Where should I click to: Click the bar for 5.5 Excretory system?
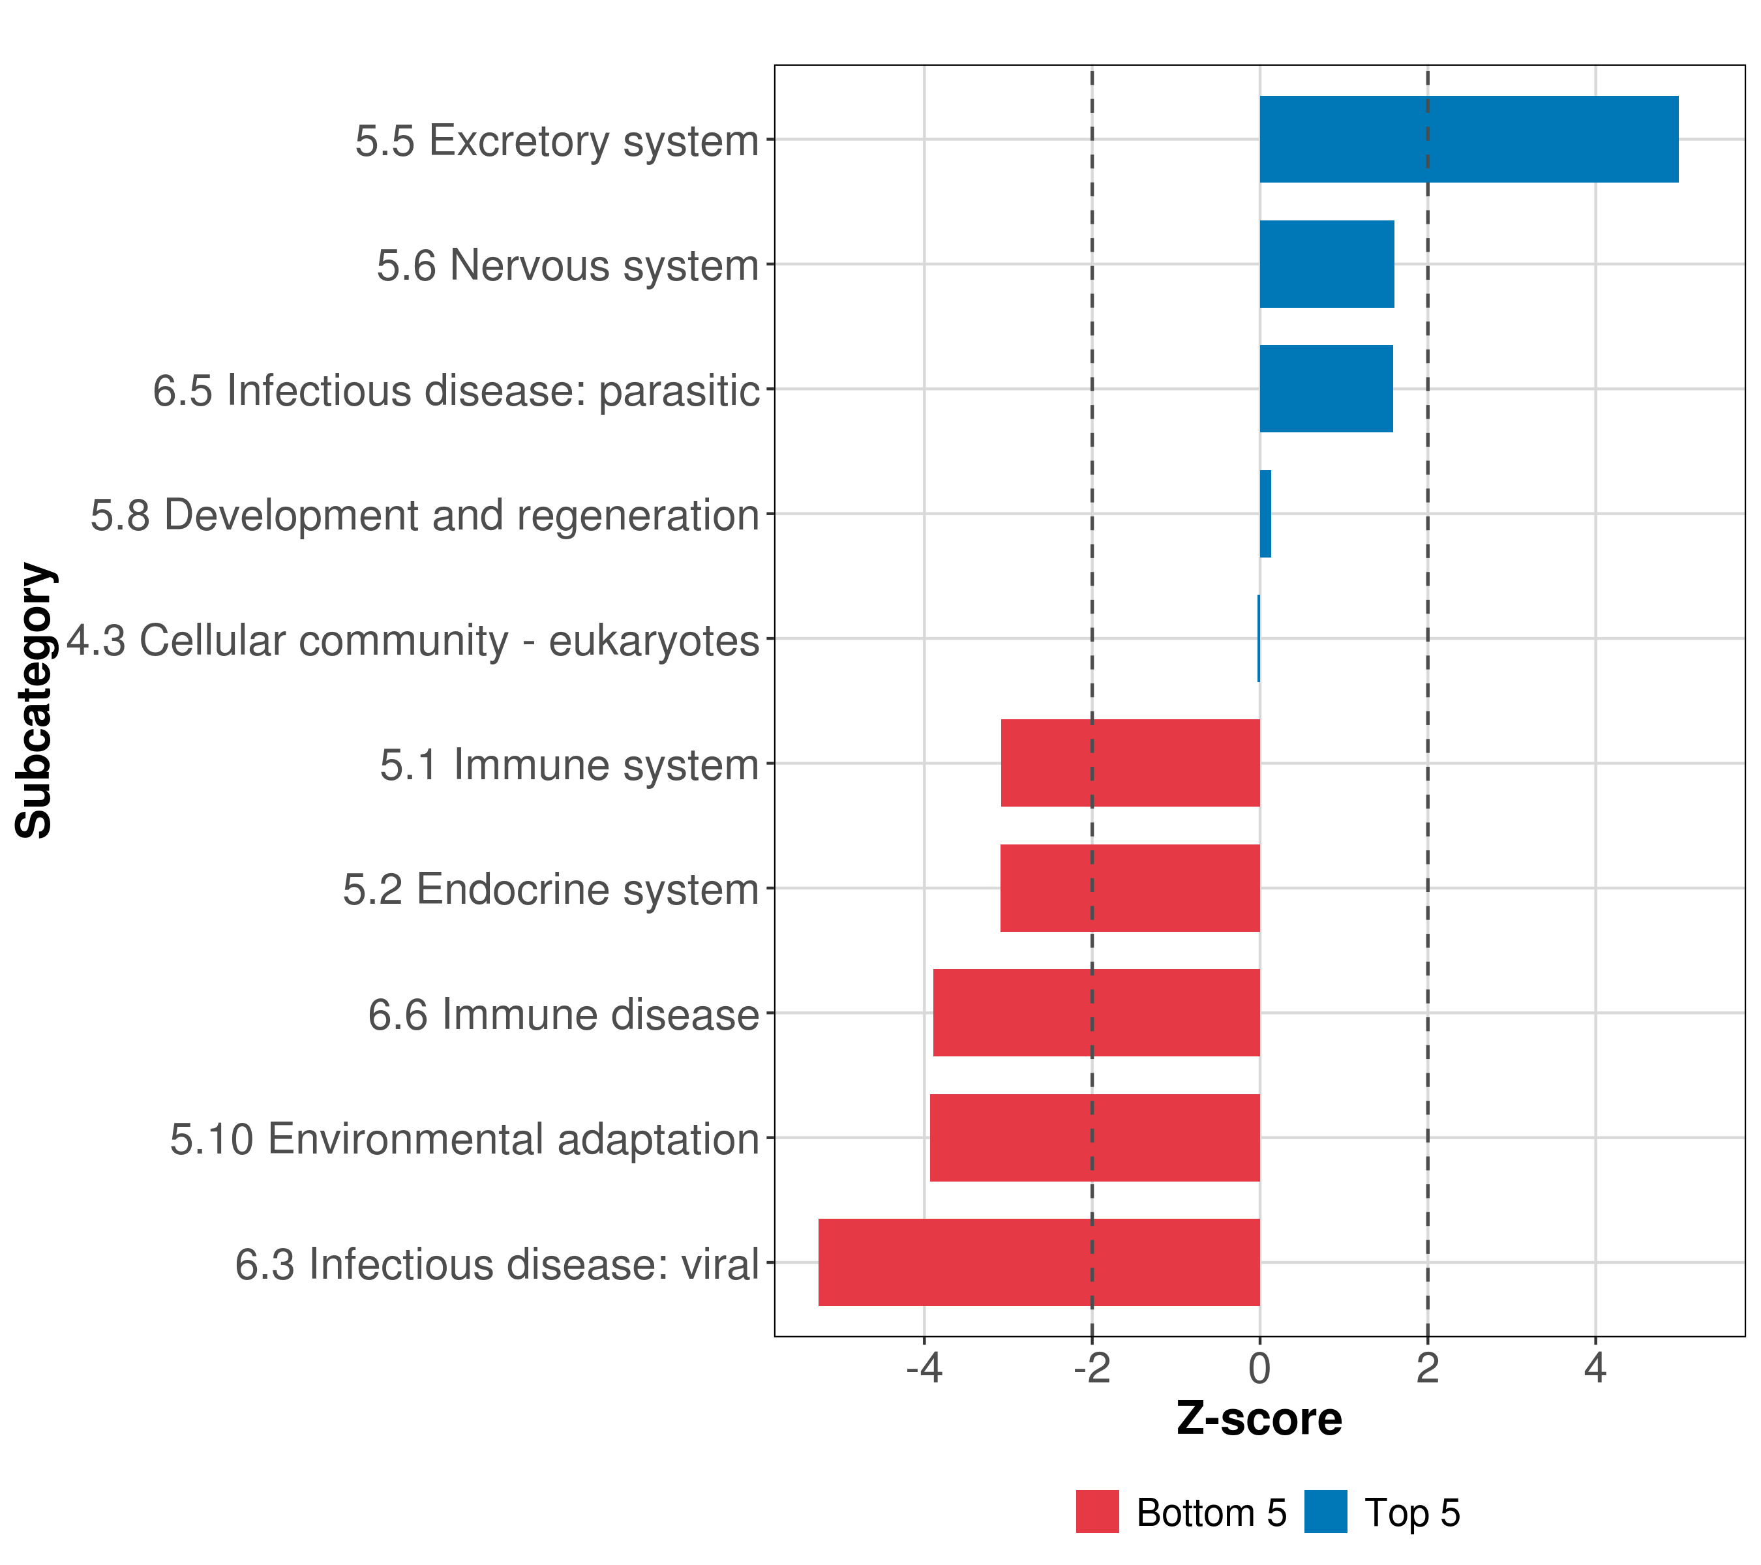1468,139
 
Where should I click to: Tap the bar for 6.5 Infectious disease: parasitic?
1326,389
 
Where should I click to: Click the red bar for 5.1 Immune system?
1130,763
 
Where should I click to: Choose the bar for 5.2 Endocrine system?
1130,888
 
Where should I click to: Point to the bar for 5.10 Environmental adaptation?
1094,1138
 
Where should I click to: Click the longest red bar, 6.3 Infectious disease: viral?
1039,1262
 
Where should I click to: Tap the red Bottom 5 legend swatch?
1097,1512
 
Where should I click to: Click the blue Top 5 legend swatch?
1325,1512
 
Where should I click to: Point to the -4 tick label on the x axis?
924,1369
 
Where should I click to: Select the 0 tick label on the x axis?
1259,1369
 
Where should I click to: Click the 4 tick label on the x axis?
1595,1369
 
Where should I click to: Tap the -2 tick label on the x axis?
1092,1369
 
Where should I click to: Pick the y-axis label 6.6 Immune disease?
564,1015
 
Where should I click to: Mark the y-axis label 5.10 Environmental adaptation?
464,1139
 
